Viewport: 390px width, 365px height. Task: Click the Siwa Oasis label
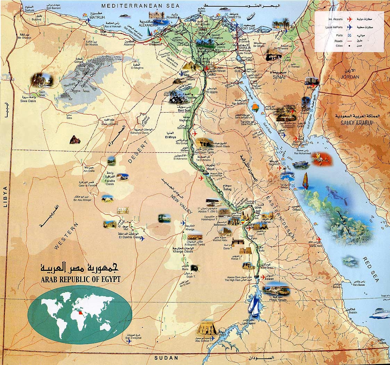click(x=38, y=101)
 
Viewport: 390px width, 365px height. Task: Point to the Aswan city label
click(x=269, y=279)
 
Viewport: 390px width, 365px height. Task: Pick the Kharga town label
click(x=190, y=230)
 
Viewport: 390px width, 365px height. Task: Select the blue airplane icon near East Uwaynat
click(x=129, y=341)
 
